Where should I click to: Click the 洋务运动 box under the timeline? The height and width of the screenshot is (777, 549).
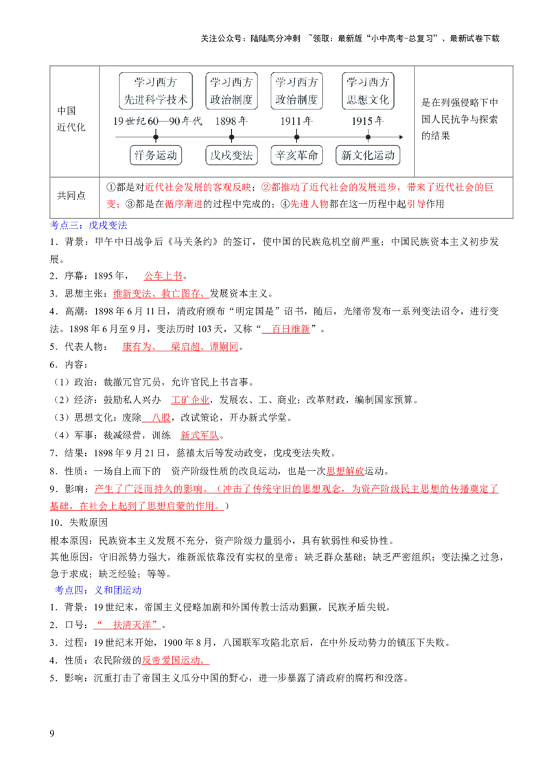(156, 155)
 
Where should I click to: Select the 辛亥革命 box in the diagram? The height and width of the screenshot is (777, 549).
(296, 155)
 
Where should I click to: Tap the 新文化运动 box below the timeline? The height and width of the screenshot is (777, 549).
(368, 155)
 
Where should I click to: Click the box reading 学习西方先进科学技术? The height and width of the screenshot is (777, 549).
(156, 91)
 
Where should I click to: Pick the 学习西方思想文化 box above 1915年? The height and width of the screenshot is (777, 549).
(368, 91)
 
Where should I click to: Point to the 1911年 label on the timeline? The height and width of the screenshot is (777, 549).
(296, 121)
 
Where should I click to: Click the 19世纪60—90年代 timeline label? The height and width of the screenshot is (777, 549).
(158, 121)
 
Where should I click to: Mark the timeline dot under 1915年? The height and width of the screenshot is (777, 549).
(368, 137)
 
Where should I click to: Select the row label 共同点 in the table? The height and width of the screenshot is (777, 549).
(71, 195)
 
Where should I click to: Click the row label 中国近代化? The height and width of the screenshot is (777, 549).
(71, 119)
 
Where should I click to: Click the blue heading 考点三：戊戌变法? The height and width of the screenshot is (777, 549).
(89, 225)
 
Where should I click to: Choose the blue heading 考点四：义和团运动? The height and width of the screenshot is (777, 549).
(98, 590)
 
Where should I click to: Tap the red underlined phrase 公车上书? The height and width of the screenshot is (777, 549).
(163, 275)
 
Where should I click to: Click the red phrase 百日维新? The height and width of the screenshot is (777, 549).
(291, 329)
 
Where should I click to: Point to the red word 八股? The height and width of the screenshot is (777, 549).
(161, 417)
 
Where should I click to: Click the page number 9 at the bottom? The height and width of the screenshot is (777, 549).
(52, 733)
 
